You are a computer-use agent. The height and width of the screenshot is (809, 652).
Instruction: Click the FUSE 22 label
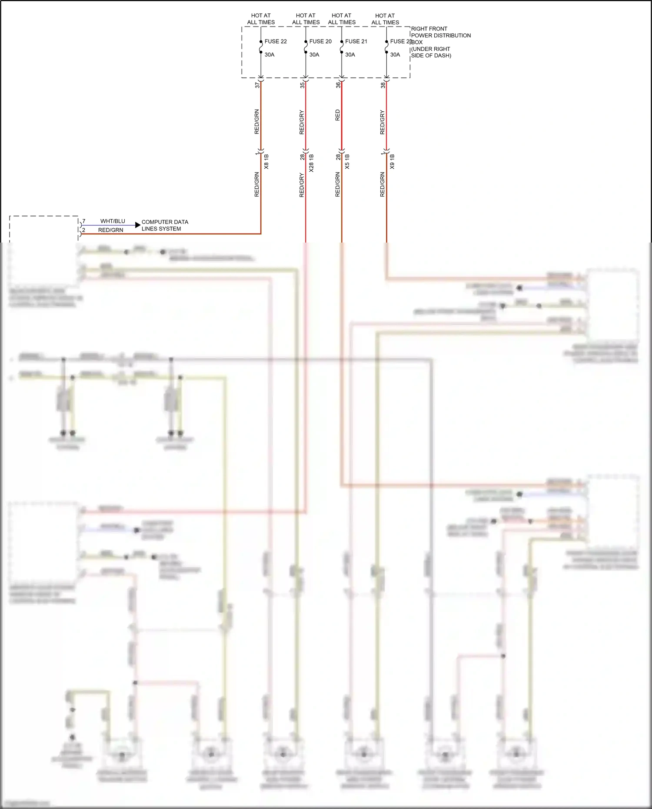click(x=276, y=42)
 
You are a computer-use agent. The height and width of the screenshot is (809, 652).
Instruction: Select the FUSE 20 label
click(x=320, y=42)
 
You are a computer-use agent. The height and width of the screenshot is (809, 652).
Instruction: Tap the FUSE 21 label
click(x=356, y=42)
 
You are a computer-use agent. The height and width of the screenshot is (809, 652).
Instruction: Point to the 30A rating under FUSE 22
click(x=269, y=55)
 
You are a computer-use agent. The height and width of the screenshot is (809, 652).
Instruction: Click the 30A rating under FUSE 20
click(x=314, y=55)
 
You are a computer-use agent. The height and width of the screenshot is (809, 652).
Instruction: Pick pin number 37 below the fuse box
click(x=257, y=85)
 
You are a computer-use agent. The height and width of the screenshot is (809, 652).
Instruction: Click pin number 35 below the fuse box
click(x=302, y=85)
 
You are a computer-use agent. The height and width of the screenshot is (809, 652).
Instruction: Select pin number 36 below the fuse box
click(x=338, y=85)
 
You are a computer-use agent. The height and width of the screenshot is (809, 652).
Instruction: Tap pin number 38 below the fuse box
click(x=383, y=85)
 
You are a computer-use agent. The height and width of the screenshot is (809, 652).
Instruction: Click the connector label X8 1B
click(x=266, y=162)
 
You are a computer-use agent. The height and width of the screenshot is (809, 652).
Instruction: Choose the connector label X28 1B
click(x=311, y=163)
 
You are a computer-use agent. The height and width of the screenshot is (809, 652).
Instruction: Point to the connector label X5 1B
click(x=347, y=162)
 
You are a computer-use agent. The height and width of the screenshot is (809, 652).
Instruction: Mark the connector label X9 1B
click(x=392, y=162)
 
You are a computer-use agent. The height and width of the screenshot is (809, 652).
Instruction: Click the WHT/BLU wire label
click(x=113, y=221)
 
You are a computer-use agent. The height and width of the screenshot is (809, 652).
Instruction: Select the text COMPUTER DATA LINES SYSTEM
click(x=165, y=225)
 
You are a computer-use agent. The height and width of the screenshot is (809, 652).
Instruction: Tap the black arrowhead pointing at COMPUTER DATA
click(x=138, y=225)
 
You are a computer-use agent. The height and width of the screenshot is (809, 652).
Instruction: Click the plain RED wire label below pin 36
click(x=338, y=115)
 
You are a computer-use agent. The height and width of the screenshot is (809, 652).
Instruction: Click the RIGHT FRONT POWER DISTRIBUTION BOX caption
click(x=440, y=42)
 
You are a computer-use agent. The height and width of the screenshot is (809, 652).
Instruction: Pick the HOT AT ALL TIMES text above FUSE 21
click(x=342, y=19)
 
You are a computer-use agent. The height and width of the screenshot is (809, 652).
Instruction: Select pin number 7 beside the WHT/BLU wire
click(x=84, y=221)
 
